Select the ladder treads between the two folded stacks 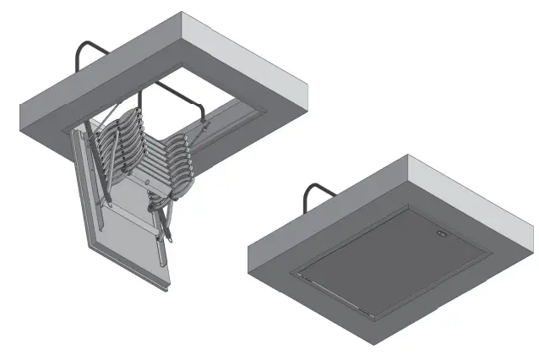point(144,165)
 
